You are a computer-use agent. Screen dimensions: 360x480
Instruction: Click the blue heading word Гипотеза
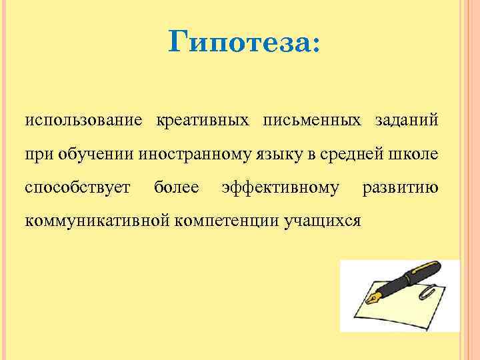pos(244,44)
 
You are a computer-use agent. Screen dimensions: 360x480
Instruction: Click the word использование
pos(83,121)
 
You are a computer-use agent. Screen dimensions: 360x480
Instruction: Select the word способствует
pos(77,187)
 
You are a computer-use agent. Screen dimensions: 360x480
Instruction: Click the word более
pos(176,187)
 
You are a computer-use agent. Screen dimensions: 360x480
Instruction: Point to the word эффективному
pos(280,187)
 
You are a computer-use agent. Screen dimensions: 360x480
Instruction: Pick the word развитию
pos(399,187)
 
